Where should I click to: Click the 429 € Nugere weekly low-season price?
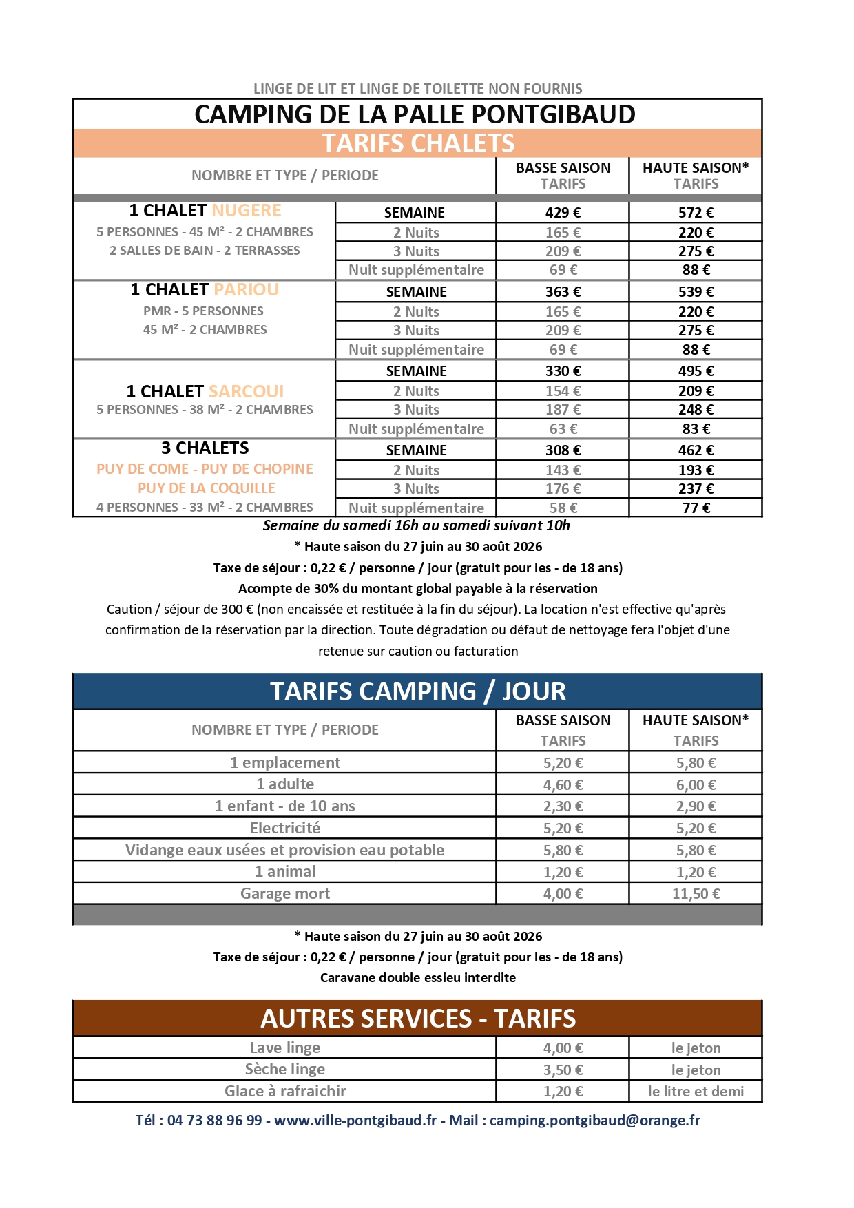[x=563, y=213]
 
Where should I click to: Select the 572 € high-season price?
[x=696, y=213]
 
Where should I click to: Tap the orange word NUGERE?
[x=247, y=211]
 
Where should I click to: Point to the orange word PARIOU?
[x=246, y=290]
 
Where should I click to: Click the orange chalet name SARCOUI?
[x=246, y=392]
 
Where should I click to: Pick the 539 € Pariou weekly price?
[x=696, y=292]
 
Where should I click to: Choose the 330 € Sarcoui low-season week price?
[x=563, y=371]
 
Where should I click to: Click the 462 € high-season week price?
[x=696, y=450]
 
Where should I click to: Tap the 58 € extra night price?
[x=563, y=508]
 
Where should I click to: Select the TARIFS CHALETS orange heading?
[x=418, y=143]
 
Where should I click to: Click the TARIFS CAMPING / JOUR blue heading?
[x=418, y=691]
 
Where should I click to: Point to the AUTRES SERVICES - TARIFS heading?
[x=418, y=1019]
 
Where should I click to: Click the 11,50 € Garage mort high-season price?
[x=696, y=894]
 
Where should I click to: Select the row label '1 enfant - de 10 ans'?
[x=285, y=806]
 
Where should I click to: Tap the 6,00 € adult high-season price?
[x=696, y=784]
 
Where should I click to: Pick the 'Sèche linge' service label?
[x=285, y=1070]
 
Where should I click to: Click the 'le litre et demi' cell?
[x=696, y=1092]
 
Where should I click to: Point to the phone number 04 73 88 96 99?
[x=214, y=1121]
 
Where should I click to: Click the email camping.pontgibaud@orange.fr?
[x=594, y=1121]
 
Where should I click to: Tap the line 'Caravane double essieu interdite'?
[x=418, y=978]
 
